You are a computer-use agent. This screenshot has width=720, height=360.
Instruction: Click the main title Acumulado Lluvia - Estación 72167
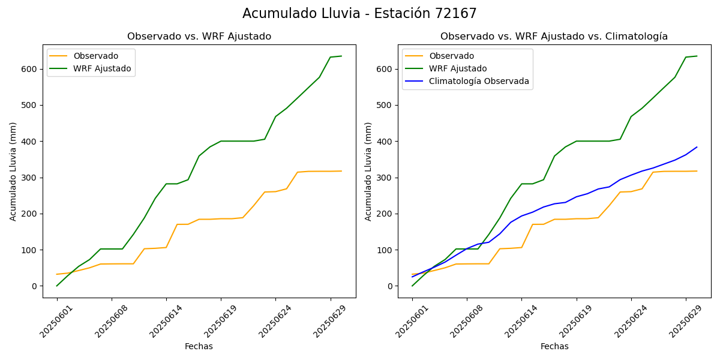click(359, 14)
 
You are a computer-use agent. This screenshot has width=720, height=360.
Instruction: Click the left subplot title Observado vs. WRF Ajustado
click(199, 37)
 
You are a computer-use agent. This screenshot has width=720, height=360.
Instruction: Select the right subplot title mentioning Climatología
click(554, 37)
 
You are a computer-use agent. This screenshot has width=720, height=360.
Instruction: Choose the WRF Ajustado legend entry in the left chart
click(102, 69)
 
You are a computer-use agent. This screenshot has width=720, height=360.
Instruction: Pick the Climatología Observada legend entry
click(479, 82)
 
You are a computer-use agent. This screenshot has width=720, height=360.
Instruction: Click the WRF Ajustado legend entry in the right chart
click(458, 69)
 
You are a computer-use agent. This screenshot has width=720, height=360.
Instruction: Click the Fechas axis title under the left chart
click(199, 347)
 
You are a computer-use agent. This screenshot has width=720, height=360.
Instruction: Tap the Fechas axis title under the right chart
click(554, 347)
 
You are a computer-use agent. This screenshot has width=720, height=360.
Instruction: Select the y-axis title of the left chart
click(13, 172)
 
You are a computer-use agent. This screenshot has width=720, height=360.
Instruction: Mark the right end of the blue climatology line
click(697, 147)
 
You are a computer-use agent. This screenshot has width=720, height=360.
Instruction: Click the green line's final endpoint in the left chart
click(341, 56)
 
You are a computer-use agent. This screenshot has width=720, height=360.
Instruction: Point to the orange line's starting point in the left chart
click(57, 274)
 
